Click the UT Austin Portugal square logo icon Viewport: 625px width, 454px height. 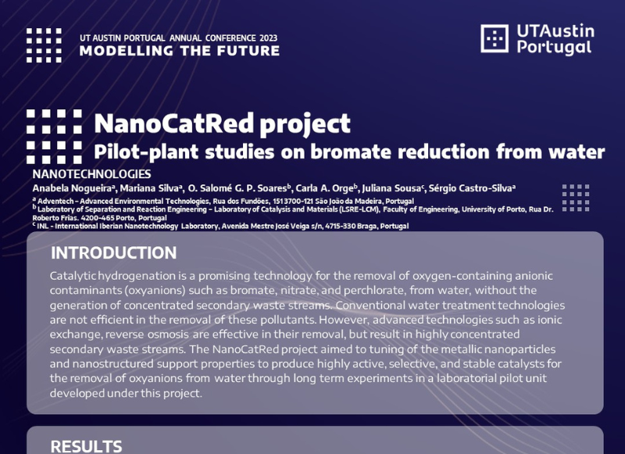tap(495, 38)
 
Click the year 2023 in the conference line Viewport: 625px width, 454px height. tap(268, 38)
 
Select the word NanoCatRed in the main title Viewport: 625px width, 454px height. tap(173, 123)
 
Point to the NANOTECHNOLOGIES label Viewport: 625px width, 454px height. tap(91, 174)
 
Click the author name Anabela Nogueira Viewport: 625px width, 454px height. tap(72, 188)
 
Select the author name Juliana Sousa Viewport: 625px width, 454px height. tap(391, 188)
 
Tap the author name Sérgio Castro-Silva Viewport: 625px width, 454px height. tap(470, 188)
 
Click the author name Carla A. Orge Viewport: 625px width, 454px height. tap(324, 188)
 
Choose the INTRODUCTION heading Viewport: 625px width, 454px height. tap(113, 252)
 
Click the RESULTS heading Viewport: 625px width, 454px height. tap(86, 446)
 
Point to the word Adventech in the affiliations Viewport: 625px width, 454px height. tap(55, 202)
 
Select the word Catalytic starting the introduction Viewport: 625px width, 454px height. tap(73, 276)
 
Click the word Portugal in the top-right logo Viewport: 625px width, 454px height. tap(554, 48)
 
